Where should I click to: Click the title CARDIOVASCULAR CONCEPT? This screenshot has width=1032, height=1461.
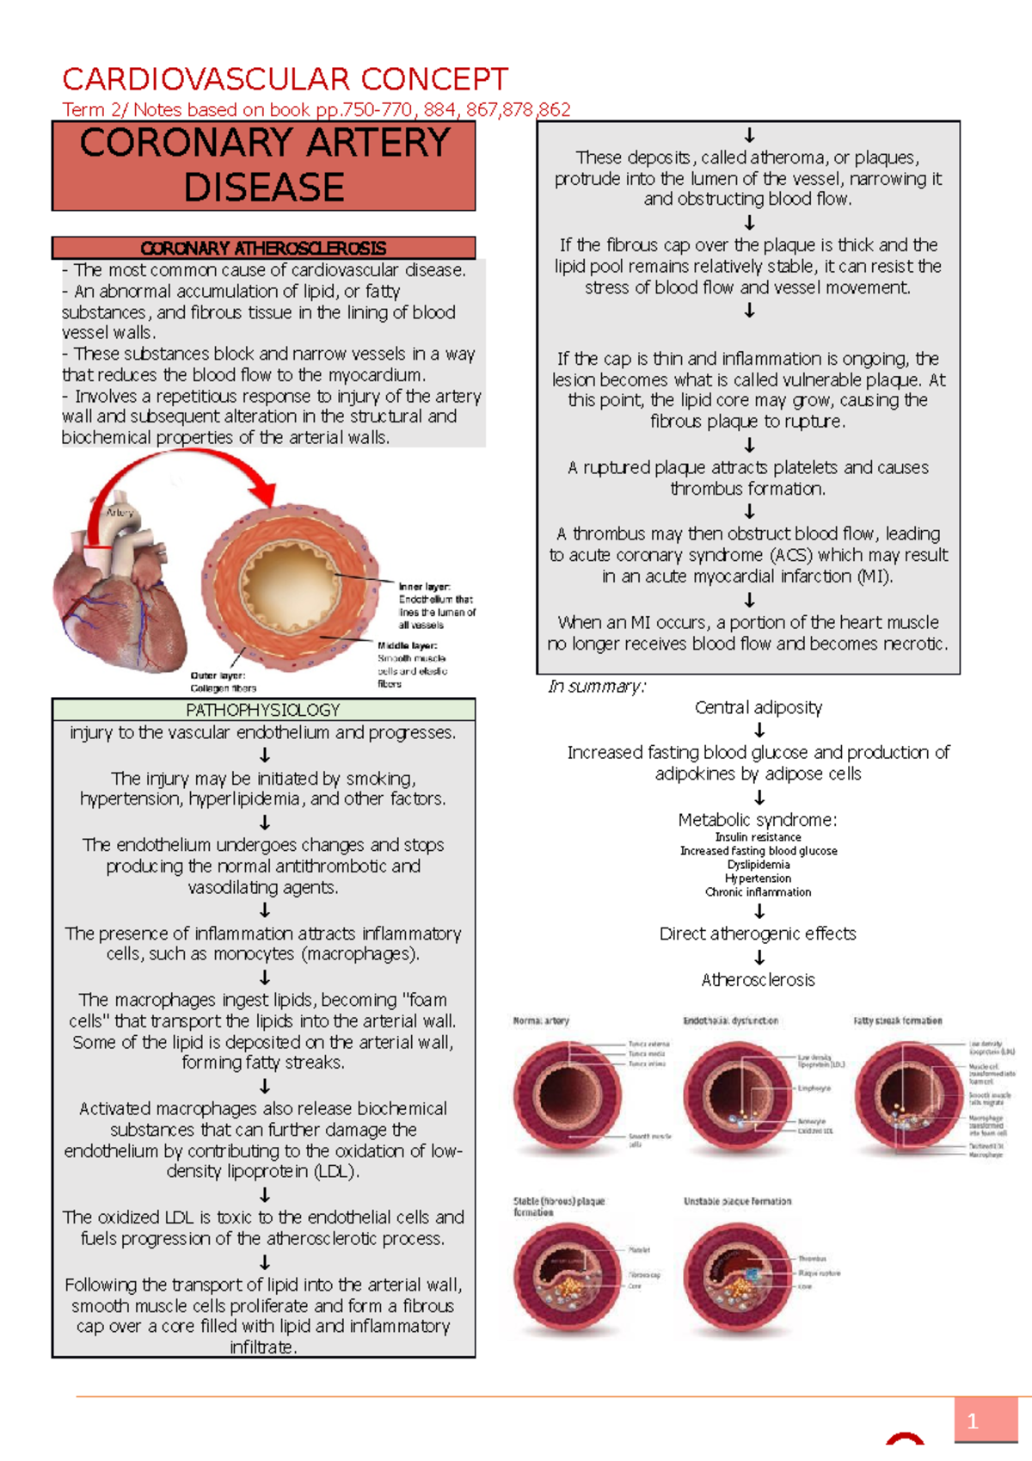[285, 80]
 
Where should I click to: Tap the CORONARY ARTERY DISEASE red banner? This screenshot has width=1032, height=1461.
[264, 165]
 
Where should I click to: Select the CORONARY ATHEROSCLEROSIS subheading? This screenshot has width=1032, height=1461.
[263, 248]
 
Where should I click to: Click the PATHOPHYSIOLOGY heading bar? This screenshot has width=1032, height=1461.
[263, 710]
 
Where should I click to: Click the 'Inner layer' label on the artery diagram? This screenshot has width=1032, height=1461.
[424, 587]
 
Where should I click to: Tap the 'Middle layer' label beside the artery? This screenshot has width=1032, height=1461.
[407, 645]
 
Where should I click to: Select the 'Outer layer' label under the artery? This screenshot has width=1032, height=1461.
[218, 675]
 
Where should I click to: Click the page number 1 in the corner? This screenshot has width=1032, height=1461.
[973, 1421]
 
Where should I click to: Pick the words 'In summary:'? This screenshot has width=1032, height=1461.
[597, 687]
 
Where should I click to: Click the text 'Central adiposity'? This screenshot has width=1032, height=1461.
[758, 707]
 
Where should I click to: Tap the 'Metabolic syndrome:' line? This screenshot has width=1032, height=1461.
[758, 820]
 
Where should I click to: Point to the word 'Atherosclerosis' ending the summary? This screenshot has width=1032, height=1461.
[758, 980]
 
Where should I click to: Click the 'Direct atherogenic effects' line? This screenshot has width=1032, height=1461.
[758, 934]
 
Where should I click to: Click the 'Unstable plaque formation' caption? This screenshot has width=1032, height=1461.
[737, 1201]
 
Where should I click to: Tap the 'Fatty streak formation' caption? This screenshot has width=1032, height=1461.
[897, 1020]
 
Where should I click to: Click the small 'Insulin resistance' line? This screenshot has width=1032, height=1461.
[758, 837]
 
